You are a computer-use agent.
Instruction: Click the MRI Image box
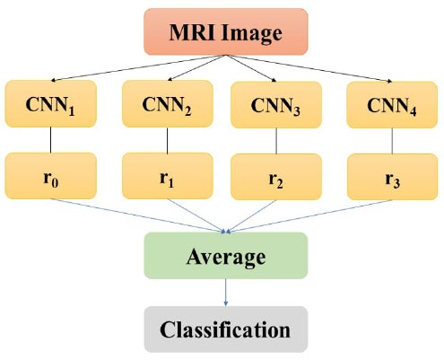coord(226,31)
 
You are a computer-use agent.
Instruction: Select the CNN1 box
coord(51,104)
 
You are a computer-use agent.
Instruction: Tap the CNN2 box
coord(168,104)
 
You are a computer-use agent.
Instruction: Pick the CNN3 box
coord(276,105)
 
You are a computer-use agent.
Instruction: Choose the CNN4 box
coord(392,105)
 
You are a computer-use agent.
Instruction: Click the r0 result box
coord(51,176)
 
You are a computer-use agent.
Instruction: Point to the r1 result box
coord(168,176)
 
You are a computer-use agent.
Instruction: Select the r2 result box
coord(276,177)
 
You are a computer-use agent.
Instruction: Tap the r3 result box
coord(392,177)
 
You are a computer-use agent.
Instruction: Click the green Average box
coord(226,256)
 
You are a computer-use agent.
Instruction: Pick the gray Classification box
coord(226,329)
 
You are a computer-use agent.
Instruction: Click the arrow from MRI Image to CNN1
coord(138,68)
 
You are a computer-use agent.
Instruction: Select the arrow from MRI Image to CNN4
coord(309,68)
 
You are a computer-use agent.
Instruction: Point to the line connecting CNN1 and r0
coord(50,140)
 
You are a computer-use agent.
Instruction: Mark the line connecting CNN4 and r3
coord(392,141)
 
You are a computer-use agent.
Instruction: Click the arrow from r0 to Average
coord(138,215)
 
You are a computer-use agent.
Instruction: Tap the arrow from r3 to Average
coord(309,216)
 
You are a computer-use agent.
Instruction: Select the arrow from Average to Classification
coord(226,293)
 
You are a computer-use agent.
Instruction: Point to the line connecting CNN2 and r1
coord(167,140)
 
